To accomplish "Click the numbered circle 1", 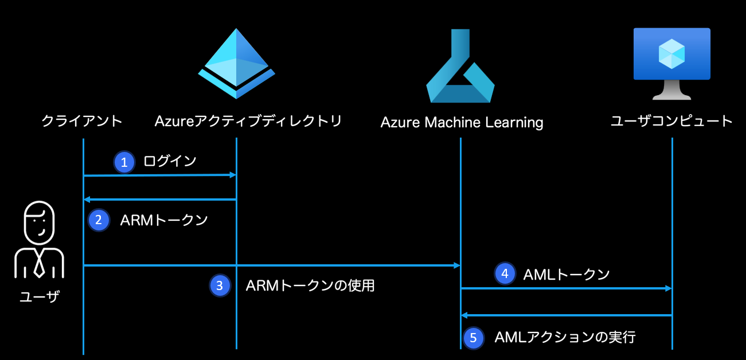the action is pyautogui.click(x=124, y=162).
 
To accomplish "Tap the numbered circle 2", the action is pyautogui.click(x=99, y=220).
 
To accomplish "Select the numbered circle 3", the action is pyautogui.click(x=220, y=285).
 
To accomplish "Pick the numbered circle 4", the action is pyautogui.click(x=505, y=274).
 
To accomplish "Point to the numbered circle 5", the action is pyautogui.click(x=473, y=338).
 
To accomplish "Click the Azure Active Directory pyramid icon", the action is pyautogui.click(x=236, y=64).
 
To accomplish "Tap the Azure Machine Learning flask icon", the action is pyautogui.click(x=460, y=66).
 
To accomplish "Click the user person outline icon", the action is pyautogui.click(x=40, y=240).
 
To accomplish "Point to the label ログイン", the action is pyautogui.click(x=170, y=161).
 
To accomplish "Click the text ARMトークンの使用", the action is pyautogui.click(x=310, y=285).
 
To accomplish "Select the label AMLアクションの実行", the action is pyautogui.click(x=565, y=337).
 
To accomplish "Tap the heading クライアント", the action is pyautogui.click(x=82, y=121).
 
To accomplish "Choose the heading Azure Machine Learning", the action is pyautogui.click(x=462, y=123).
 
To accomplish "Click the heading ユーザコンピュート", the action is pyautogui.click(x=671, y=120).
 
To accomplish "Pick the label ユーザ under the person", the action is pyautogui.click(x=40, y=296).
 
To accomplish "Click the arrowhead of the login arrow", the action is pyautogui.click(x=233, y=175).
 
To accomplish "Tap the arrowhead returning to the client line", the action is pyautogui.click(x=87, y=199).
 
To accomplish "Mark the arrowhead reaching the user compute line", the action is pyautogui.click(x=669, y=288).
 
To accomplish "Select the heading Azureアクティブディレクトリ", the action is pyautogui.click(x=248, y=121).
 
